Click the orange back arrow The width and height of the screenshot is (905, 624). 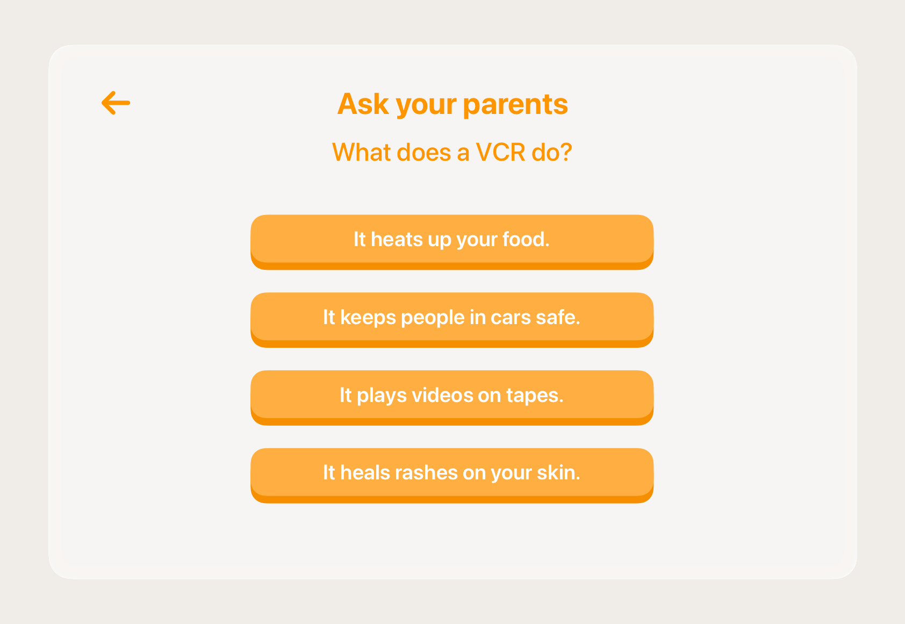[x=116, y=103]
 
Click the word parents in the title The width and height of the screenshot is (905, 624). [x=515, y=104]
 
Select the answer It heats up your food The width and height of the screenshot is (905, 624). [x=452, y=240]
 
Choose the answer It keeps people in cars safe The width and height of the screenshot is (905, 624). [x=452, y=318]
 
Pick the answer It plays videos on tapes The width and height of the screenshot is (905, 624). [x=452, y=396]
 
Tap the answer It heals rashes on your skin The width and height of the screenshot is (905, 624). [x=452, y=473]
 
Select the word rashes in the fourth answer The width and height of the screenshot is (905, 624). [x=426, y=473]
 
